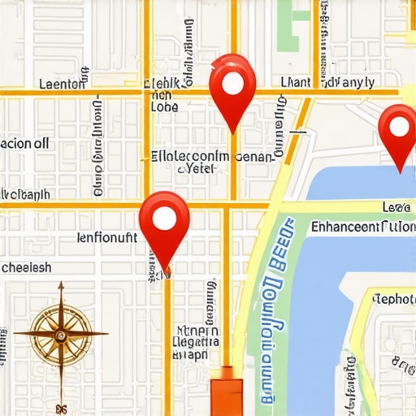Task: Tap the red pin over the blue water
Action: click(398, 130)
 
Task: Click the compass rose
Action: click(61, 332)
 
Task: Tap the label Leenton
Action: click(61, 83)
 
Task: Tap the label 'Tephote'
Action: click(393, 299)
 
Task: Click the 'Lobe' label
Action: click(164, 106)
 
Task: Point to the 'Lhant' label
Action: click(297, 82)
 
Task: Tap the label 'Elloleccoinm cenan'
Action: click(213, 155)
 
